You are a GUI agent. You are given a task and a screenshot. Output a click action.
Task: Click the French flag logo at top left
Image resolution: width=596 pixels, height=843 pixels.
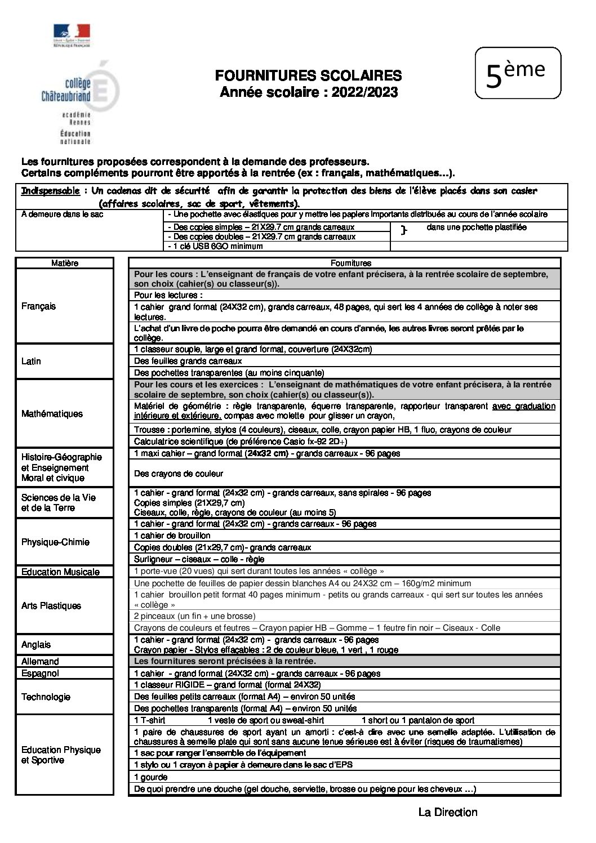(x=72, y=33)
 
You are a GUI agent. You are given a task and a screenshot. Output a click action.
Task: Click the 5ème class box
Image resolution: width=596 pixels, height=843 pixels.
(x=518, y=74)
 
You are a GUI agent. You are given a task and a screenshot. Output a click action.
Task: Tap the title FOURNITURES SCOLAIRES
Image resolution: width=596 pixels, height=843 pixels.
(x=308, y=76)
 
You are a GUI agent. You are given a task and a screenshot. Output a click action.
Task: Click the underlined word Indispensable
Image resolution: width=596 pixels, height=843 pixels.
(x=50, y=191)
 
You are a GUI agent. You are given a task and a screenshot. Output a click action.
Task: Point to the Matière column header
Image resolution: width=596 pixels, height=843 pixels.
(x=65, y=263)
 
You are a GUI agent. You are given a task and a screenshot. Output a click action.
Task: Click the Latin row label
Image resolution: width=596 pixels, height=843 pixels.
(x=31, y=361)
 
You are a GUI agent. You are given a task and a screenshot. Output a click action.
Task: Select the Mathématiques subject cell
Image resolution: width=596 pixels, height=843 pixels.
(x=52, y=414)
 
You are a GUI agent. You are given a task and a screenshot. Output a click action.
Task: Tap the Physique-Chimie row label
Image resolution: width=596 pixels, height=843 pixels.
(x=55, y=542)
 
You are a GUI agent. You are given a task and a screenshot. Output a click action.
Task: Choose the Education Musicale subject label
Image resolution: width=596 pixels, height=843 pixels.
(x=60, y=572)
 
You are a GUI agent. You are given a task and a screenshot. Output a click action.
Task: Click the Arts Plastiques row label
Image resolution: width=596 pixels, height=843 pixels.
(x=51, y=606)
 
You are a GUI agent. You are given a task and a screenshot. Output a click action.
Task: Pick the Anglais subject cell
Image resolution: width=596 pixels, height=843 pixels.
(x=36, y=645)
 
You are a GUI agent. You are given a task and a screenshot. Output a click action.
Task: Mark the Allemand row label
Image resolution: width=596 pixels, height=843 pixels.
(x=40, y=662)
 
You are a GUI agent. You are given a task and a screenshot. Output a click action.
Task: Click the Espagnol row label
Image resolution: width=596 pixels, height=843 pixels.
(x=40, y=673)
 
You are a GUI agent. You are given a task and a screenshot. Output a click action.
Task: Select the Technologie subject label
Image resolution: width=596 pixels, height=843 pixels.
(x=46, y=697)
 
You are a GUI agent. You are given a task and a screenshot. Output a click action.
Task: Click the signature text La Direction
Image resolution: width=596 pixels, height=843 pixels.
(x=447, y=812)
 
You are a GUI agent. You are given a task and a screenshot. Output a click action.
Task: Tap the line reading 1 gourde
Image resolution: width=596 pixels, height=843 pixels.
(x=151, y=777)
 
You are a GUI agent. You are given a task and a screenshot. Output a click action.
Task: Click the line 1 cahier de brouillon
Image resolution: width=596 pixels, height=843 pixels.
(x=172, y=536)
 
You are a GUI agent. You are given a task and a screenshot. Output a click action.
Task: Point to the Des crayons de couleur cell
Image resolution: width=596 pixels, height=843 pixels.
(x=179, y=474)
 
